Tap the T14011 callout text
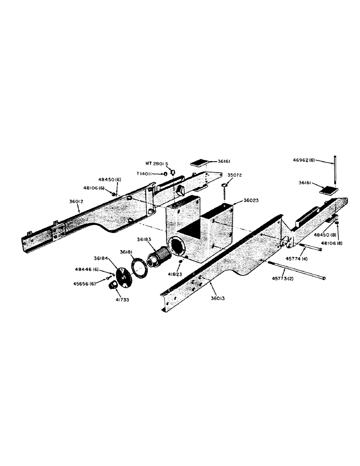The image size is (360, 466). [147, 174]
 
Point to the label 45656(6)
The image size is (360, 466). [85, 282]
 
